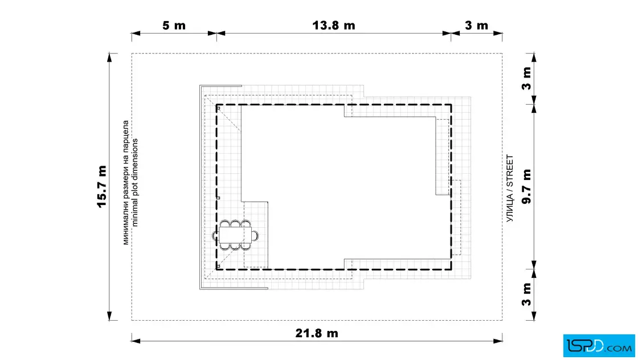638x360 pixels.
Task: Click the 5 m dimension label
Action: pos(174,25)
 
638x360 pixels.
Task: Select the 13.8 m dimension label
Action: pos(334,25)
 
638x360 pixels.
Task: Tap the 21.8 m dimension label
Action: pos(317,333)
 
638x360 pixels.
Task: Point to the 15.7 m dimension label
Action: pos(101,186)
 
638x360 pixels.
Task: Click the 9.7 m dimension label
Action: pos(526,186)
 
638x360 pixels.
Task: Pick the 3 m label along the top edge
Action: pos(476,25)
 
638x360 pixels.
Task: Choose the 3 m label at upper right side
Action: pos(526,79)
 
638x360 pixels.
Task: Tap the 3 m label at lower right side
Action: pos(526,294)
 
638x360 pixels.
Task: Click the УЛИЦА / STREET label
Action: pos(510,188)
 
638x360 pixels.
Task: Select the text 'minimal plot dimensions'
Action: pos(135,182)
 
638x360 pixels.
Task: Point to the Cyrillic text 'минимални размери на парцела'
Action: pos(126,182)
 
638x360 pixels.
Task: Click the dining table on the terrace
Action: pos(235,235)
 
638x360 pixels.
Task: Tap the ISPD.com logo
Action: pos(599,345)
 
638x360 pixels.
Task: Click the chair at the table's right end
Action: pos(255,235)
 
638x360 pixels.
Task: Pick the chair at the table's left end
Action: pos(215,235)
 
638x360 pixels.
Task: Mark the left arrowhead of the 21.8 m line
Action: pos(136,341)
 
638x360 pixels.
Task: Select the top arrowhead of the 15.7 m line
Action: pos(109,58)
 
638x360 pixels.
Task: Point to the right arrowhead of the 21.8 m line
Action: pos(498,341)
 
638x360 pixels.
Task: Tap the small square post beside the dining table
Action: pos(218,198)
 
